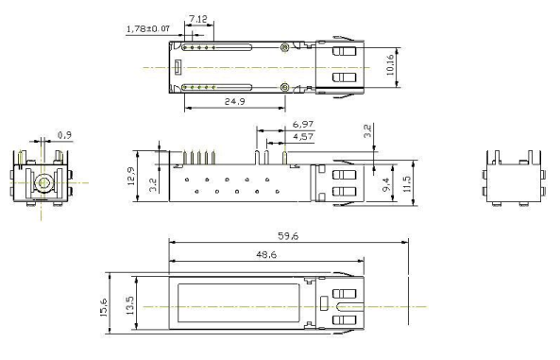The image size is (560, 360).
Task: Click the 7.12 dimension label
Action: (x=198, y=19)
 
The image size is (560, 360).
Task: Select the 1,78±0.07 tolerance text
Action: (x=148, y=28)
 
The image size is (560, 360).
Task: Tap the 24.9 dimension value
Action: (x=234, y=101)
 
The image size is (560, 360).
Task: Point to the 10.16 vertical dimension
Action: (x=390, y=64)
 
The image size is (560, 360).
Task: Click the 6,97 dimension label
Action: (x=303, y=125)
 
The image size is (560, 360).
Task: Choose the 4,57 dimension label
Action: (x=303, y=137)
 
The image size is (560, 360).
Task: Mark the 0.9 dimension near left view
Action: (x=64, y=135)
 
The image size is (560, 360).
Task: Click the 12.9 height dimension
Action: (x=131, y=176)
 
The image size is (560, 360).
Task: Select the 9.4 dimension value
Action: (x=386, y=184)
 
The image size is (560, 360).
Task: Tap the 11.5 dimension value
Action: (x=407, y=183)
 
